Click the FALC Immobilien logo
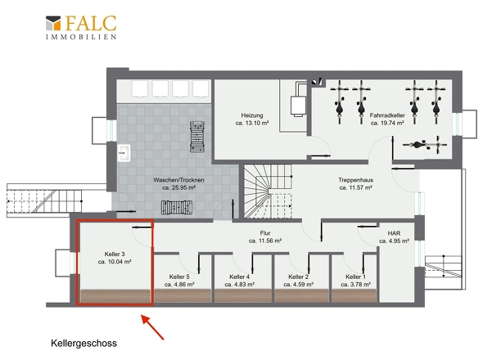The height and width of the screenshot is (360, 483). pyautogui.click(x=81, y=27)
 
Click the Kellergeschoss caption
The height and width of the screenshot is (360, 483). pyautogui.click(x=84, y=343)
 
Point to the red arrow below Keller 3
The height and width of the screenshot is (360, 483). pyautogui.click(x=152, y=327)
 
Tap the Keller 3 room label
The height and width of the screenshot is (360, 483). pyautogui.click(x=115, y=254)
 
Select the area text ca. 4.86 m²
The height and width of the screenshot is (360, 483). pyautogui.click(x=179, y=284)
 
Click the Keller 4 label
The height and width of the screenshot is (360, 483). pyautogui.click(x=239, y=277)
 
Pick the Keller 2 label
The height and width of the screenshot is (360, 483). pyautogui.click(x=298, y=277)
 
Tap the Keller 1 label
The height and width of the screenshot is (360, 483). pyautogui.click(x=355, y=277)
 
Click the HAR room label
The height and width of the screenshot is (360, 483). pyautogui.click(x=394, y=233)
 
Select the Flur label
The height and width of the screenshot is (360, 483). pyautogui.click(x=265, y=233)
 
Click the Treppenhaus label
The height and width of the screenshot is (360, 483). pyautogui.click(x=355, y=180)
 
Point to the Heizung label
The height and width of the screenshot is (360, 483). pyautogui.click(x=252, y=115)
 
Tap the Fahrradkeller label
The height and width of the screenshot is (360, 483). pyautogui.click(x=387, y=115)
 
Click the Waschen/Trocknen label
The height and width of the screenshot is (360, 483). pyautogui.click(x=178, y=180)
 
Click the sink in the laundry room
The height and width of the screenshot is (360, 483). pyautogui.click(x=124, y=153)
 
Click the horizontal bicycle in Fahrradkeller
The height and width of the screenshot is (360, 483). pyautogui.click(x=425, y=145)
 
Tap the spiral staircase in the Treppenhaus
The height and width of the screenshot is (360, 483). pyautogui.click(x=268, y=191)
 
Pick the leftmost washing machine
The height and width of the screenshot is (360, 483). pyautogui.click(x=140, y=88)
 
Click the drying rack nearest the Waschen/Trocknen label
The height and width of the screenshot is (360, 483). pyautogui.click(x=177, y=207)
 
